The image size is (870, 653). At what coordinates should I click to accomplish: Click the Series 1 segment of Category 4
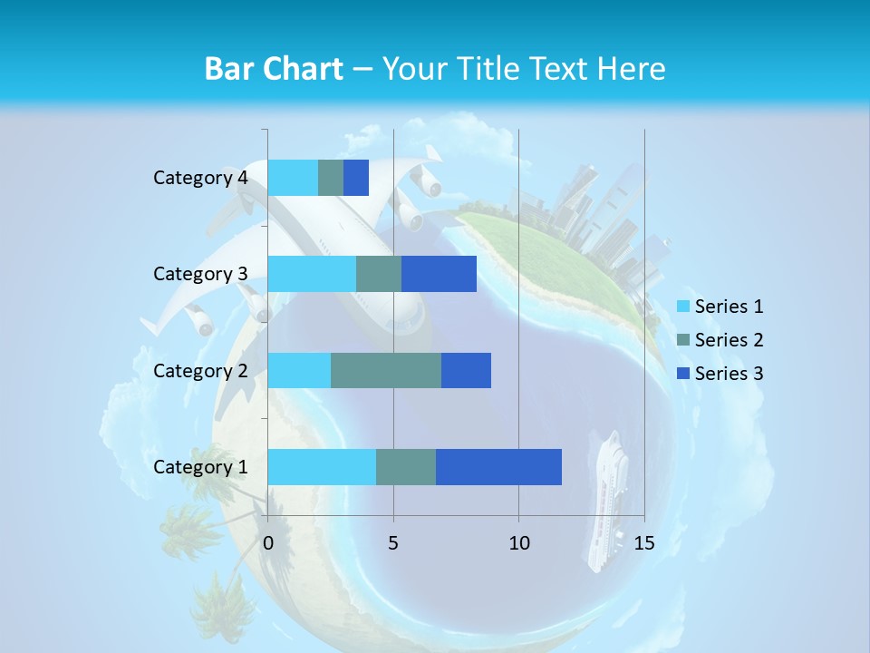pos(293,178)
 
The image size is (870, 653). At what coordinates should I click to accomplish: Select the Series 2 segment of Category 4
pos(331,178)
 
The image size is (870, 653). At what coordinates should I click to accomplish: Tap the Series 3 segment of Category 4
pos(356,178)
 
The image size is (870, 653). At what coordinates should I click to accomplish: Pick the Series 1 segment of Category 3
pos(312,274)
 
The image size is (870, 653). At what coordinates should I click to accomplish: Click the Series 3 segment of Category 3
pos(439,274)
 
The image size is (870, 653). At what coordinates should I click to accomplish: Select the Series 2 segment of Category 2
pos(386,370)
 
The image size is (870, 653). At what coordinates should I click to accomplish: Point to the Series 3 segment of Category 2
pos(466,370)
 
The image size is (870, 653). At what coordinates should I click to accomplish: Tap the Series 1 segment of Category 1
pos(322,466)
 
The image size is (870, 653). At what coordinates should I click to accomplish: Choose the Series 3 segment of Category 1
pos(498,466)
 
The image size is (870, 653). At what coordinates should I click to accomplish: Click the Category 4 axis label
pos(200,178)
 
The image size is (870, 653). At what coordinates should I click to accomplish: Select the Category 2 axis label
pos(200,370)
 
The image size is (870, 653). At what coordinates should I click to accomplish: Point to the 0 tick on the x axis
pos(268,543)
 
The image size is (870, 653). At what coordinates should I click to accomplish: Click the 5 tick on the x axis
pos(393,543)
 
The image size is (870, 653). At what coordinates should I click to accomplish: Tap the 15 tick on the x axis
pos(643,543)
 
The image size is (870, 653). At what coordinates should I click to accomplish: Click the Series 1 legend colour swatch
pos(683,307)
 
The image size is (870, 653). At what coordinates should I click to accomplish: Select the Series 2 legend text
pos(729,340)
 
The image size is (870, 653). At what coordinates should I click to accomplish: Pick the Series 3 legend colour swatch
pos(683,374)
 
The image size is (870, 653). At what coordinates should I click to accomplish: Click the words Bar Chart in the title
pos(273,69)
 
